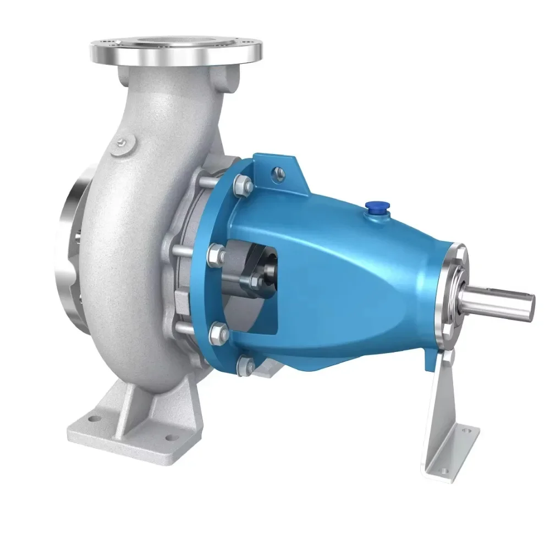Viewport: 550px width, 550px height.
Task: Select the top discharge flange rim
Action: click(175, 52)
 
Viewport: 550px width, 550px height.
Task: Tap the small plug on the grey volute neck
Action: click(122, 144)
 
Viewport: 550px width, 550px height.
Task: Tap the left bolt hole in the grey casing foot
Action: click(91, 419)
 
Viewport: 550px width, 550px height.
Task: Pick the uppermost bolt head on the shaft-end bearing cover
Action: click(458, 257)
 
